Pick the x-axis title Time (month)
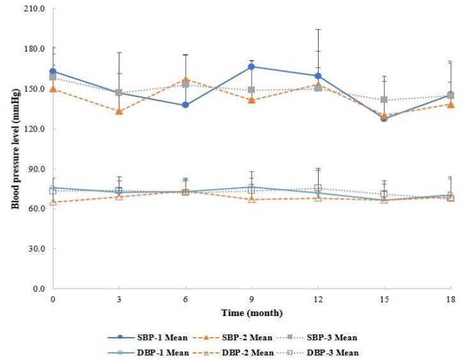[251, 313]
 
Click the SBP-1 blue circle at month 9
[252, 66]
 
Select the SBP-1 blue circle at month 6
[185, 105]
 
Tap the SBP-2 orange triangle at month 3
[119, 111]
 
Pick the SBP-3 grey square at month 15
[384, 100]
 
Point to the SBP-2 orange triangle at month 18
[450, 104]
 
